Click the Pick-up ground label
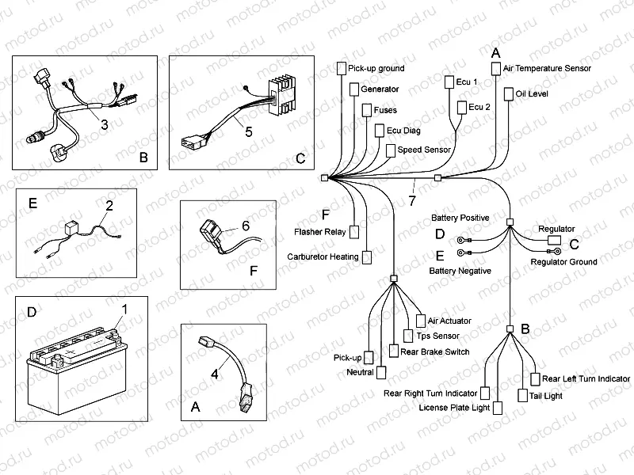click(376, 69)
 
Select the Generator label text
click(380, 89)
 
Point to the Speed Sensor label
click(424, 150)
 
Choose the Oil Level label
click(532, 93)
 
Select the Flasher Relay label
click(319, 232)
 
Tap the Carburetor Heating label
click(323, 256)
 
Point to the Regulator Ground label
click(563, 262)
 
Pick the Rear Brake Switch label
click(435, 351)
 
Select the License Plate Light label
click(454, 408)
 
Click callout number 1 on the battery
click(123, 307)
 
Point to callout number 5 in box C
click(248, 132)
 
